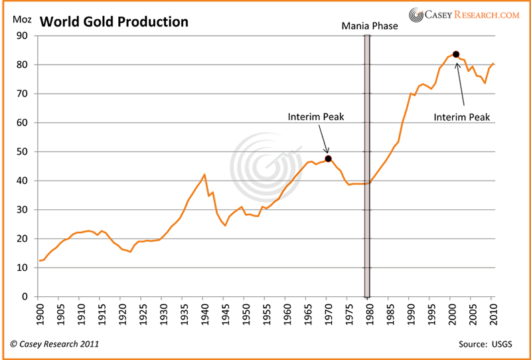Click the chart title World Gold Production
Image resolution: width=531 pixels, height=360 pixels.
pos(114,22)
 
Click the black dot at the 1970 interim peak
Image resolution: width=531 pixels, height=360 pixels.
pos(328,158)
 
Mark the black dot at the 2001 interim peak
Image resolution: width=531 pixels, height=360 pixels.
pos(456,54)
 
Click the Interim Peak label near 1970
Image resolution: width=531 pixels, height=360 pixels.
pos(316,117)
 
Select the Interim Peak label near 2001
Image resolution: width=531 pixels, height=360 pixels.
pos(462,117)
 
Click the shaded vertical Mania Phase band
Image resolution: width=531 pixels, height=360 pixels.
pos(367,166)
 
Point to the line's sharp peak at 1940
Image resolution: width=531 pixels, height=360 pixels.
pos(204,175)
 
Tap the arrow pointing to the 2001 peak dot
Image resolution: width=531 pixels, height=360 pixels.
pos(459,83)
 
